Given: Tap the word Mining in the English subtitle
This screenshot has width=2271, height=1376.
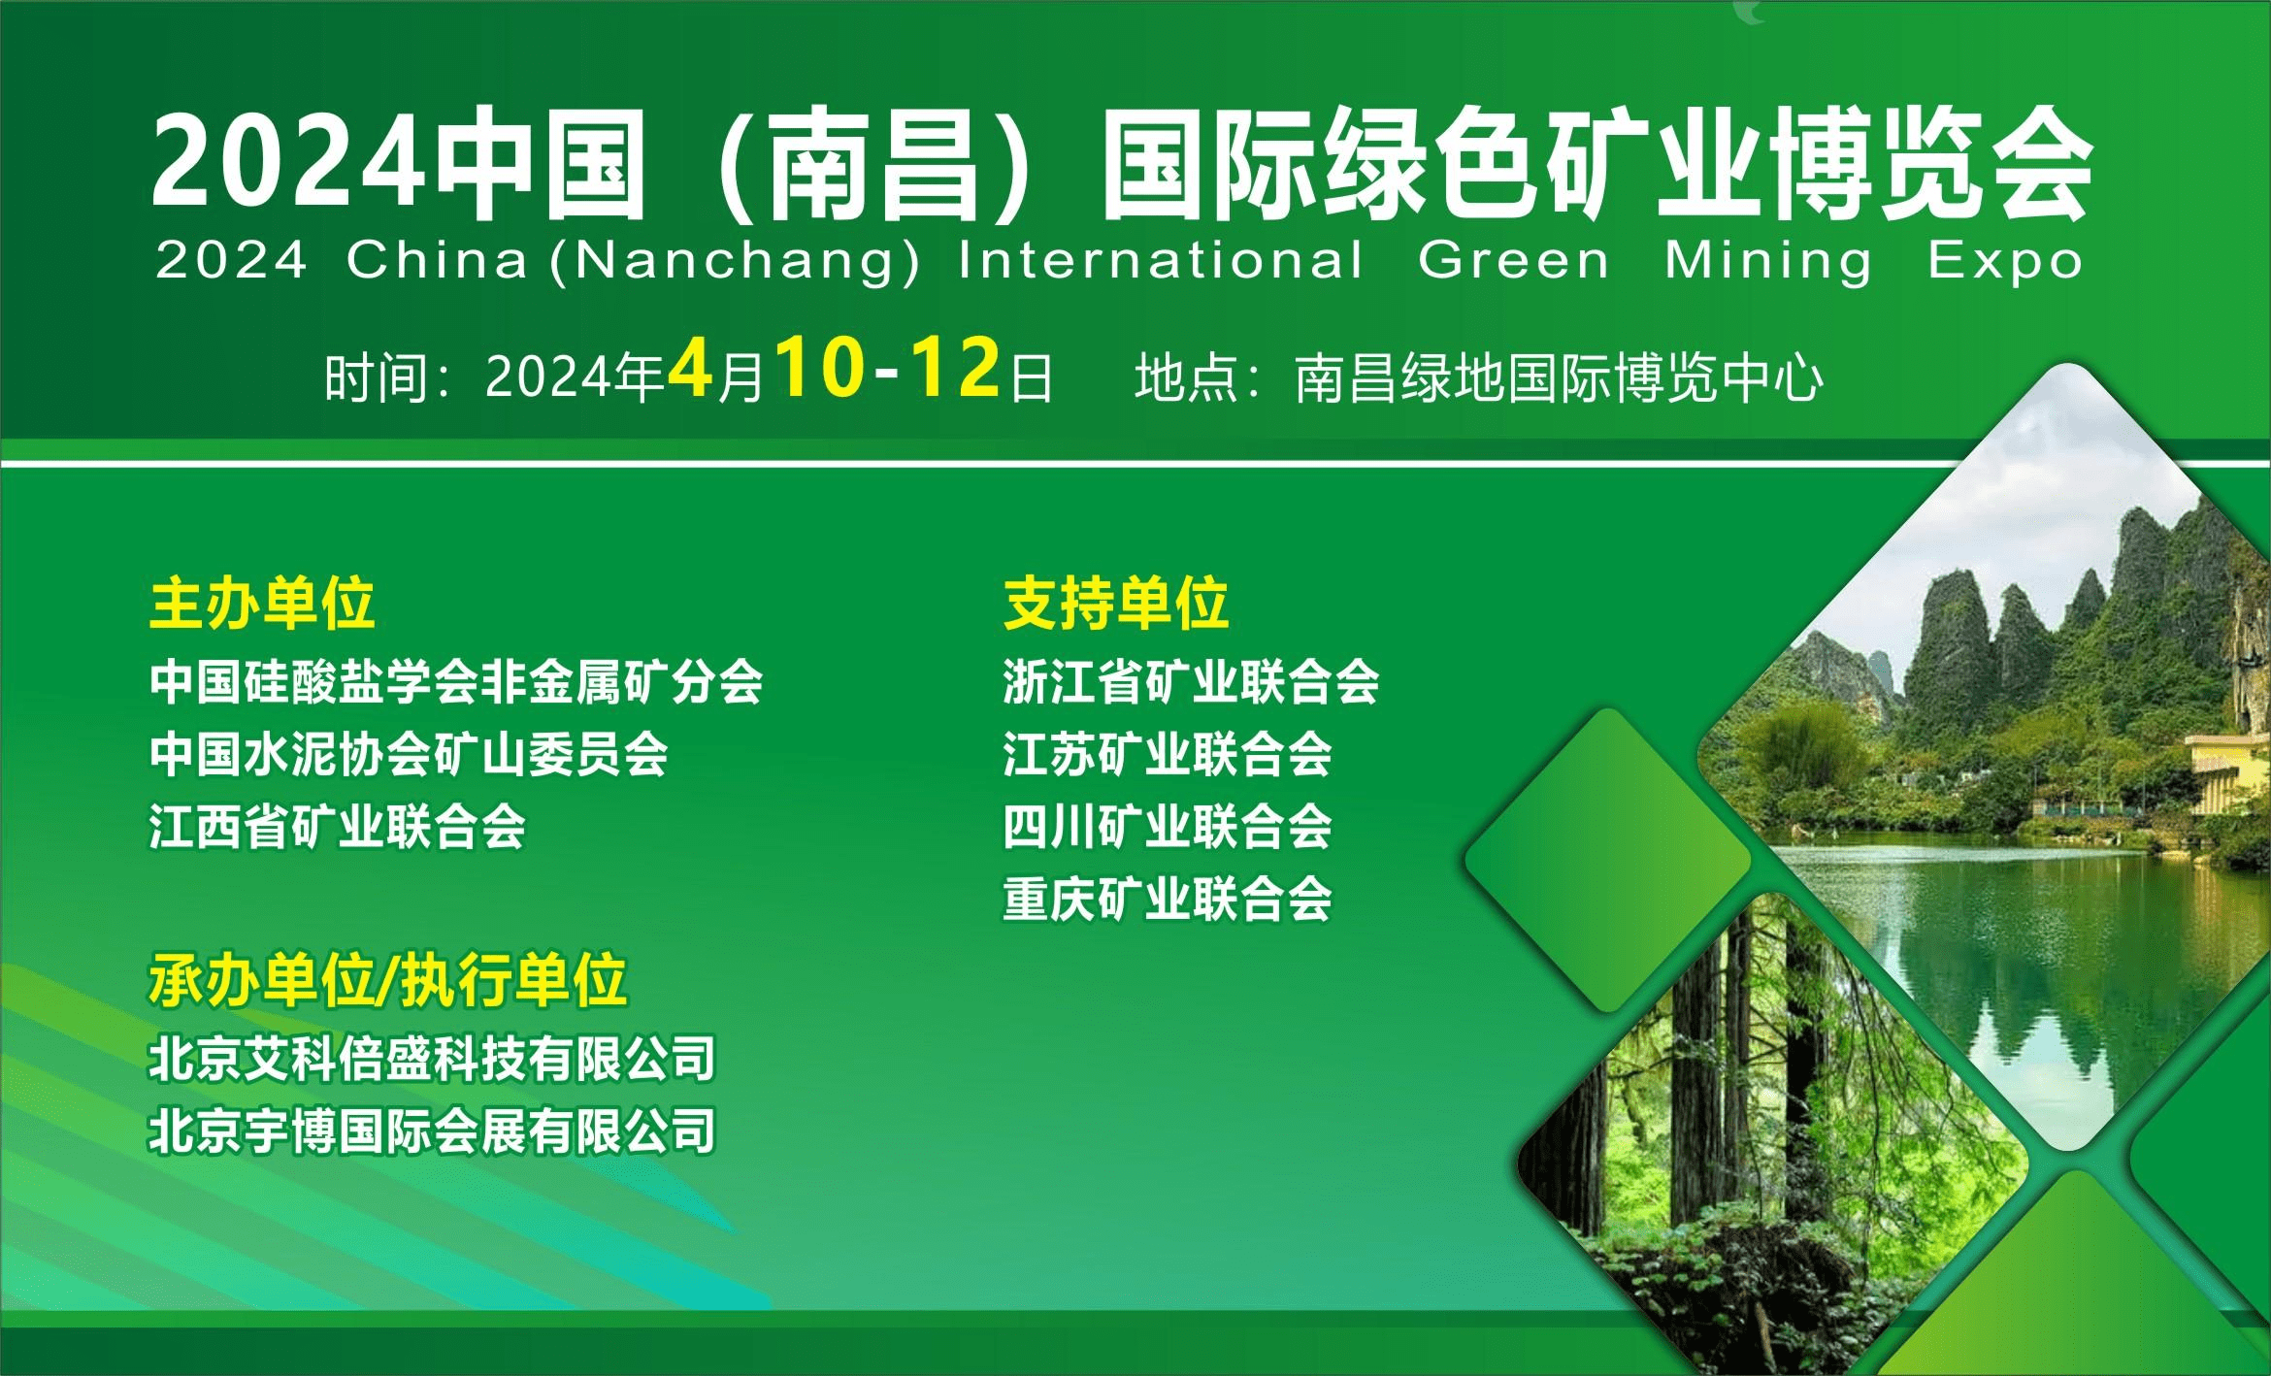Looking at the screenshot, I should (1768, 261).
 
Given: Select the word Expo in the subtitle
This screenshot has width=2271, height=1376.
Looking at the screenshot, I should (2005, 261).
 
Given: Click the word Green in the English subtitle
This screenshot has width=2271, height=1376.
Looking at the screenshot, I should (1513, 261).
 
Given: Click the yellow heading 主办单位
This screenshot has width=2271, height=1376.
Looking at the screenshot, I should (262, 603).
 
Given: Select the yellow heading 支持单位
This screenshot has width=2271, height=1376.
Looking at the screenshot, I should (1116, 603).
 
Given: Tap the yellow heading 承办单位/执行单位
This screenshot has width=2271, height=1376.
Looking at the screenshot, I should (387, 980).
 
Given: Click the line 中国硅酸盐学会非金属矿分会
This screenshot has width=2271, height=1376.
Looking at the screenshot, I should (456, 681).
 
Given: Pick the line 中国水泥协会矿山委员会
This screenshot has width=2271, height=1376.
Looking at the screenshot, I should (409, 754).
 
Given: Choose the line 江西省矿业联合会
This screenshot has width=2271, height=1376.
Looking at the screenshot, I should (337, 827).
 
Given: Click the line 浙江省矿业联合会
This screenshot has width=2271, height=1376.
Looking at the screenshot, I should (1191, 681).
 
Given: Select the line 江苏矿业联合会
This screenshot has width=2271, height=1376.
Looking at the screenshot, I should (1167, 754).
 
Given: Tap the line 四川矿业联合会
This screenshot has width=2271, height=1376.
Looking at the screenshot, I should (1167, 827).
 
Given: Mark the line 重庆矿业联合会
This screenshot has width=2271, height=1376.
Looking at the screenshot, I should (1167, 899).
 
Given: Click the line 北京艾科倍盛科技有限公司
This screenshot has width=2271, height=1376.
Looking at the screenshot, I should (432, 1058).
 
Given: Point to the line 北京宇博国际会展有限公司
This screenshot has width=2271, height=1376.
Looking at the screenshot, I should (432, 1130).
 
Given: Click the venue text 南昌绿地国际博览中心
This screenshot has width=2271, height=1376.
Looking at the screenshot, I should (1559, 378).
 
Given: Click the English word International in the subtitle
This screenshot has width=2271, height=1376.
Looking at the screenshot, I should (1161, 261).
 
